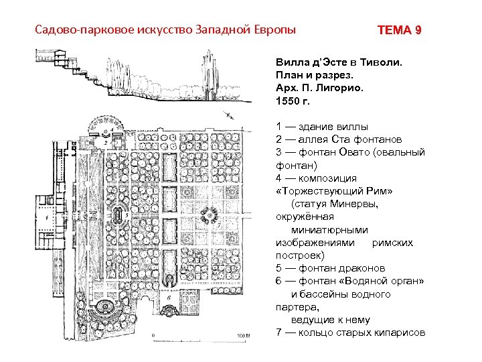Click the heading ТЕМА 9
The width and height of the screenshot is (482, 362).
[399, 31]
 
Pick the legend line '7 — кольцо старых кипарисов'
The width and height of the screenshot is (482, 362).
[350, 333]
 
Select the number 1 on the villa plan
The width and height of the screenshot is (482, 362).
[45, 217]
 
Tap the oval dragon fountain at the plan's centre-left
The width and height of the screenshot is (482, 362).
[118, 216]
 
